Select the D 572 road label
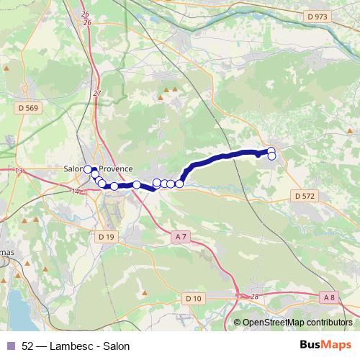[x=305, y=195]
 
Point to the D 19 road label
[x=105, y=236]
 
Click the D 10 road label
[x=193, y=298]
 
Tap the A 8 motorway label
[x=330, y=297]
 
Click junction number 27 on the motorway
[x=97, y=94]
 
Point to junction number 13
[x=19, y=171]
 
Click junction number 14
[x=76, y=191]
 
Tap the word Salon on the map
[x=75, y=169]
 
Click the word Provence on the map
[x=116, y=169]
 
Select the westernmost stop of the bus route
[x=88, y=169]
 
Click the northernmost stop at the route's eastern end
[x=271, y=151]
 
